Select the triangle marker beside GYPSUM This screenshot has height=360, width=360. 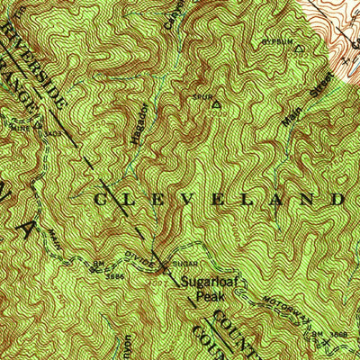pos(301,51)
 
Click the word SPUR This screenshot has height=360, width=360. pos(200,94)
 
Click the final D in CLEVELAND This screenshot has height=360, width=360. pos(337,198)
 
